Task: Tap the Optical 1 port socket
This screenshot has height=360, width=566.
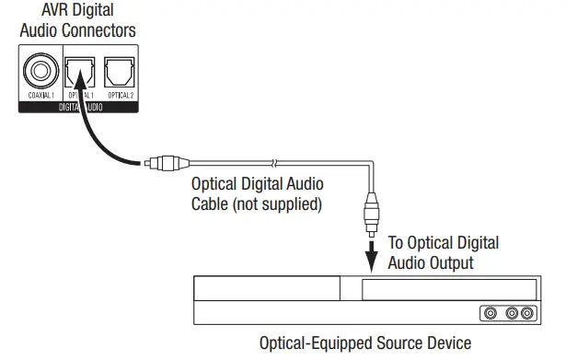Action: coord(79,71)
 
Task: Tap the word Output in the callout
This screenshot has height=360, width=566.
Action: coord(453,263)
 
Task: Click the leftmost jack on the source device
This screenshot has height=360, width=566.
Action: coord(490,313)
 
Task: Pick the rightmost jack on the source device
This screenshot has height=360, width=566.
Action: coord(526,313)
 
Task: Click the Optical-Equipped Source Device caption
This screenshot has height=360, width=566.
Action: coord(366,343)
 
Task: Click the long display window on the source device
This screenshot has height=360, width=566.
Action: coord(447,290)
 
